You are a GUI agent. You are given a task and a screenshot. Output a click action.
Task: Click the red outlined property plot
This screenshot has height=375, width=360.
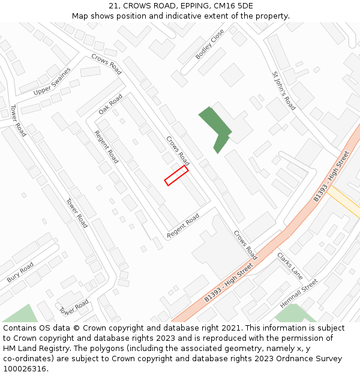point(177,175)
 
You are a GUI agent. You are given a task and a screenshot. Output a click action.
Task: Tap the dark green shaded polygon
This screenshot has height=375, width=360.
point(214,127)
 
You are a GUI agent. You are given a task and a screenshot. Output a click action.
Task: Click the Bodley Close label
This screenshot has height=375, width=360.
point(209,44)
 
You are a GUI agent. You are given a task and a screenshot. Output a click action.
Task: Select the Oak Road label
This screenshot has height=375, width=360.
point(110,104)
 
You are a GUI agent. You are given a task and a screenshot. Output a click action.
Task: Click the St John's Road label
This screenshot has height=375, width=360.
point(284,91)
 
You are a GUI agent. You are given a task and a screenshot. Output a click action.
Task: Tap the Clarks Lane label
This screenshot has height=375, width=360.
point(290,265)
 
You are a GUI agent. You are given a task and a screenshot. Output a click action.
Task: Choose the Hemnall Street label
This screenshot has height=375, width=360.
point(299,293)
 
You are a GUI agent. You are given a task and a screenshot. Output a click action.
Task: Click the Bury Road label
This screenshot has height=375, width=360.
point(20,272)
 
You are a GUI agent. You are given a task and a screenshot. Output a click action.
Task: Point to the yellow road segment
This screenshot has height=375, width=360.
point(344,202)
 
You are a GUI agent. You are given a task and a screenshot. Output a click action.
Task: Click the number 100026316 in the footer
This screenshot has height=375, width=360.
point(23,369)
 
